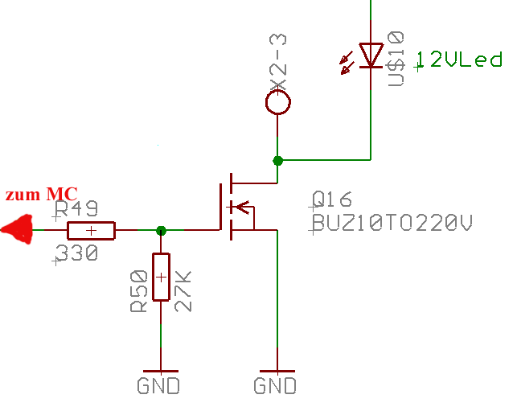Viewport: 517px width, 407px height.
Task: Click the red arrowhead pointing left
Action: (18, 229)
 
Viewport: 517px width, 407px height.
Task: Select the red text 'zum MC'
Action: (41, 195)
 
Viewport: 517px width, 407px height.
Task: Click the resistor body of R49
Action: (91, 231)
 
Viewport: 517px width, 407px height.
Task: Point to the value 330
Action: (76, 254)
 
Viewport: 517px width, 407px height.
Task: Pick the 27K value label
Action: (183, 291)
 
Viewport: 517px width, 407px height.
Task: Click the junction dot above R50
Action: (161, 230)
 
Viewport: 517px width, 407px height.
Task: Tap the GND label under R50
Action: (159, 385)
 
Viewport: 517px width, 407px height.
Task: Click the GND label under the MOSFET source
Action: (275, 385)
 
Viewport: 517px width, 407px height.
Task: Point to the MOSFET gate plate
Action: (220, 207)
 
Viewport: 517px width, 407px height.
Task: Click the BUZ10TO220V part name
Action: (391, 224)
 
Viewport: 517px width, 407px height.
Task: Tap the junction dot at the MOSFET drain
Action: (278, 161)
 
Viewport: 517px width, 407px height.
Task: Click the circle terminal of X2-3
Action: (278, 102)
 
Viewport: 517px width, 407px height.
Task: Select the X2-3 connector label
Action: (278, 64)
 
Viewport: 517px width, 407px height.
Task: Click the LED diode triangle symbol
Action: (371, 55)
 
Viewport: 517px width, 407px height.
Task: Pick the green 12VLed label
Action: (459, 60)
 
